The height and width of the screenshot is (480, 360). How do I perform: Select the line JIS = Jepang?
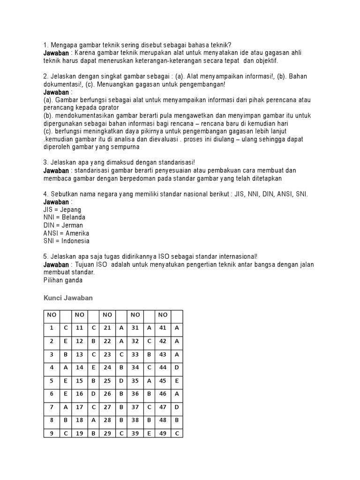click(62, 210)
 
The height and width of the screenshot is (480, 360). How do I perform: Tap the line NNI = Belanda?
click(64, 217)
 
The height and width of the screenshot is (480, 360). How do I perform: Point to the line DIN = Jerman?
click(63, 225)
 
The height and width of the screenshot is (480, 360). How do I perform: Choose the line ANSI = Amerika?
click(66, 233)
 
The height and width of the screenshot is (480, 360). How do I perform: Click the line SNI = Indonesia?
click(66, 241)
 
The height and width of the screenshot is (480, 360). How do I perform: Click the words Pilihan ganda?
click(63, 280)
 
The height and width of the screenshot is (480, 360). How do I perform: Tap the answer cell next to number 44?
click(177, 367)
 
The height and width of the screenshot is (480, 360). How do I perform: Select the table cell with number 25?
click(108, 381)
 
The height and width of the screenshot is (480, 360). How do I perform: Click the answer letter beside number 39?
click(149, 433)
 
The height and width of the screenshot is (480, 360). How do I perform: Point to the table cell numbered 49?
click(163, 433)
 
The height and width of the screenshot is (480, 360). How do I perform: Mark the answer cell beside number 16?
click(94, 394)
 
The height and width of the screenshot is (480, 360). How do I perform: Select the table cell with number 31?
click(135, 328)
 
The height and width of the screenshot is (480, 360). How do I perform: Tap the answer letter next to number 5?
click(66, 381)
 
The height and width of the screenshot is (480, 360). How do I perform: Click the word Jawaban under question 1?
click(56, 53)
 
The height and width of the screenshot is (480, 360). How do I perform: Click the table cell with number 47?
click(163, 407)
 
